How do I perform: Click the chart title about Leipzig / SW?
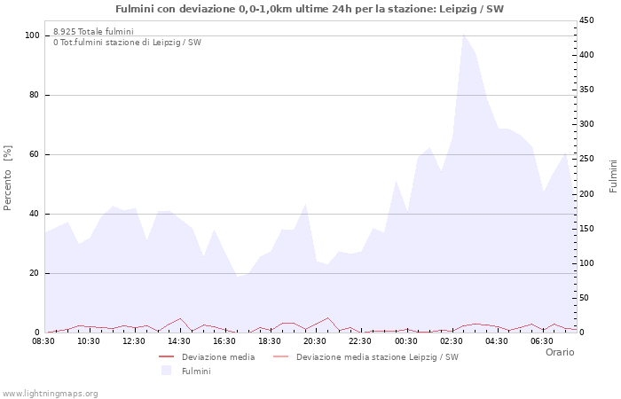(310, 9)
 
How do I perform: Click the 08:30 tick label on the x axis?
(43, 340)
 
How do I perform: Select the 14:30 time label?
(179, 340)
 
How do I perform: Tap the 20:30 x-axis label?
(315, 340)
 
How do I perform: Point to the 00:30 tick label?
(405, 340)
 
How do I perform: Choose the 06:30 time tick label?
(541, 340)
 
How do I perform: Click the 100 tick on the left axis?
(32, 35)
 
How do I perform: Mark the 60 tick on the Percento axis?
(35, 154)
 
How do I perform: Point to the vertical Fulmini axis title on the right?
(613, 176)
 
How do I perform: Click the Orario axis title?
(559, 352)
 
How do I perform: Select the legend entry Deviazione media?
(217, 357)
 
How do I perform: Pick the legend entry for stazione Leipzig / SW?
(377, 357)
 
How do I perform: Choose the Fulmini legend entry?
(195, 372)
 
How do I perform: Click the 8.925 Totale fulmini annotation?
(93, 32)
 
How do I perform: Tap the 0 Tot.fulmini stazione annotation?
(127, 43)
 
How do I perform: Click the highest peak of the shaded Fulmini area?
(463, 34)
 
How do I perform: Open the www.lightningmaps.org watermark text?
(51, 393)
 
